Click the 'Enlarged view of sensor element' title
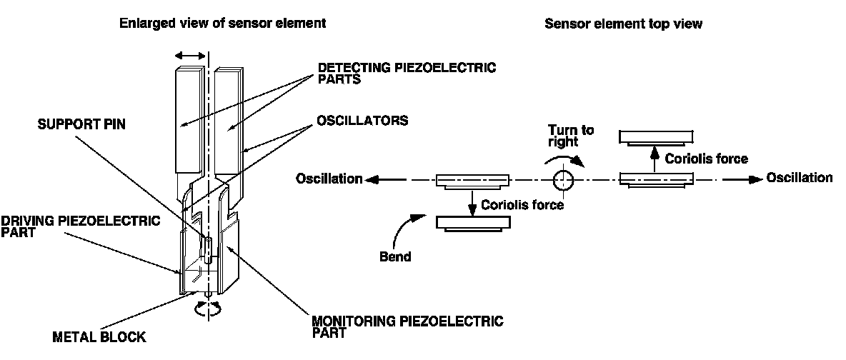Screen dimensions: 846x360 click(x=223, y=23)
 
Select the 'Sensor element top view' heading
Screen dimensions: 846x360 click(x=623, y=23)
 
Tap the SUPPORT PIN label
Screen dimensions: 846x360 click(x=81, y=124)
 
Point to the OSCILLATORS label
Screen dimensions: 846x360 click(x=362, y=120)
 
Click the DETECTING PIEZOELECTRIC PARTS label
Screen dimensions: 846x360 click(x=407, y=74)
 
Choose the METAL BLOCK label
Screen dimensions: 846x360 click(x=99, y=337)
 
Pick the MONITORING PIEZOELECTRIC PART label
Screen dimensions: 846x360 click(x=408, y=326)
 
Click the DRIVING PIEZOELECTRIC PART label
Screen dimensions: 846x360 click(x=81, y=226)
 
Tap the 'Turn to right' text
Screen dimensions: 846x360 click(x=571, y=136)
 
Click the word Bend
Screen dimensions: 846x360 click(x=395, y=257)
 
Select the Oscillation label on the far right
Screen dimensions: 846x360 click(x=799, y=178)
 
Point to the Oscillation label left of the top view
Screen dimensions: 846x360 click(x=329, y=179)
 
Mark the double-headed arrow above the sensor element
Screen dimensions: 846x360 click(x=190, y=56)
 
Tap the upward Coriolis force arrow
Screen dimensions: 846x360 click(x=655, y=160)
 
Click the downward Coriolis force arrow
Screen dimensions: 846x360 click(x=472, y=201)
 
